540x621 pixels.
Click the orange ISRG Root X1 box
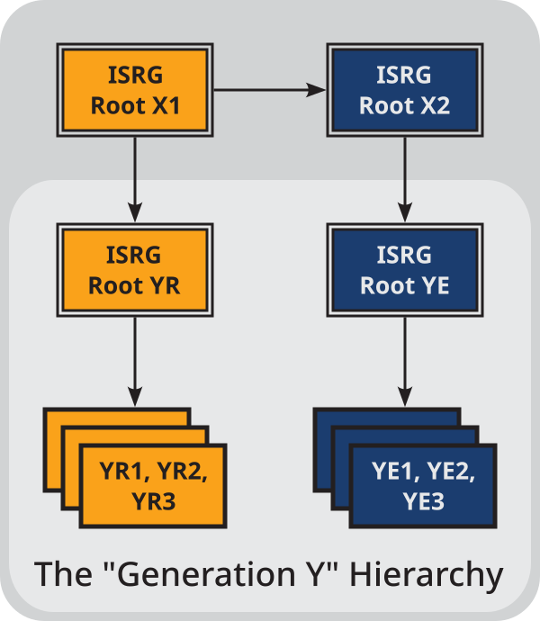(x=135, y=90)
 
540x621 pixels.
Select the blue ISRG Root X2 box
(x=404, y=90)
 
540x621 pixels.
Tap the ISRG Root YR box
(x=135, y=270)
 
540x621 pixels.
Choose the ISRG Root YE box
(x=404, y=270)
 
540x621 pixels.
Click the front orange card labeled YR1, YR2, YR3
(x=153, y=486)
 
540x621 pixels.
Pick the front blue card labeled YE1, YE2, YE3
(x=422, y=486)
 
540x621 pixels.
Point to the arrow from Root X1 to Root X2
(x=270, y=90)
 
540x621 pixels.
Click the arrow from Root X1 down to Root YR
(x=135, y=175)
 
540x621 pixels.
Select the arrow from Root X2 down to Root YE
(x=404, y=175)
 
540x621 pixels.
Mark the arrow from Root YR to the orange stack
(x=135, y=360)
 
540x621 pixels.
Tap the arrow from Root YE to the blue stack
(x=404, y=360)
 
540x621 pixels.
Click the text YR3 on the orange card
(x=153, y=500)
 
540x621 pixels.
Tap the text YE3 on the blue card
(x=422, y=500)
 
